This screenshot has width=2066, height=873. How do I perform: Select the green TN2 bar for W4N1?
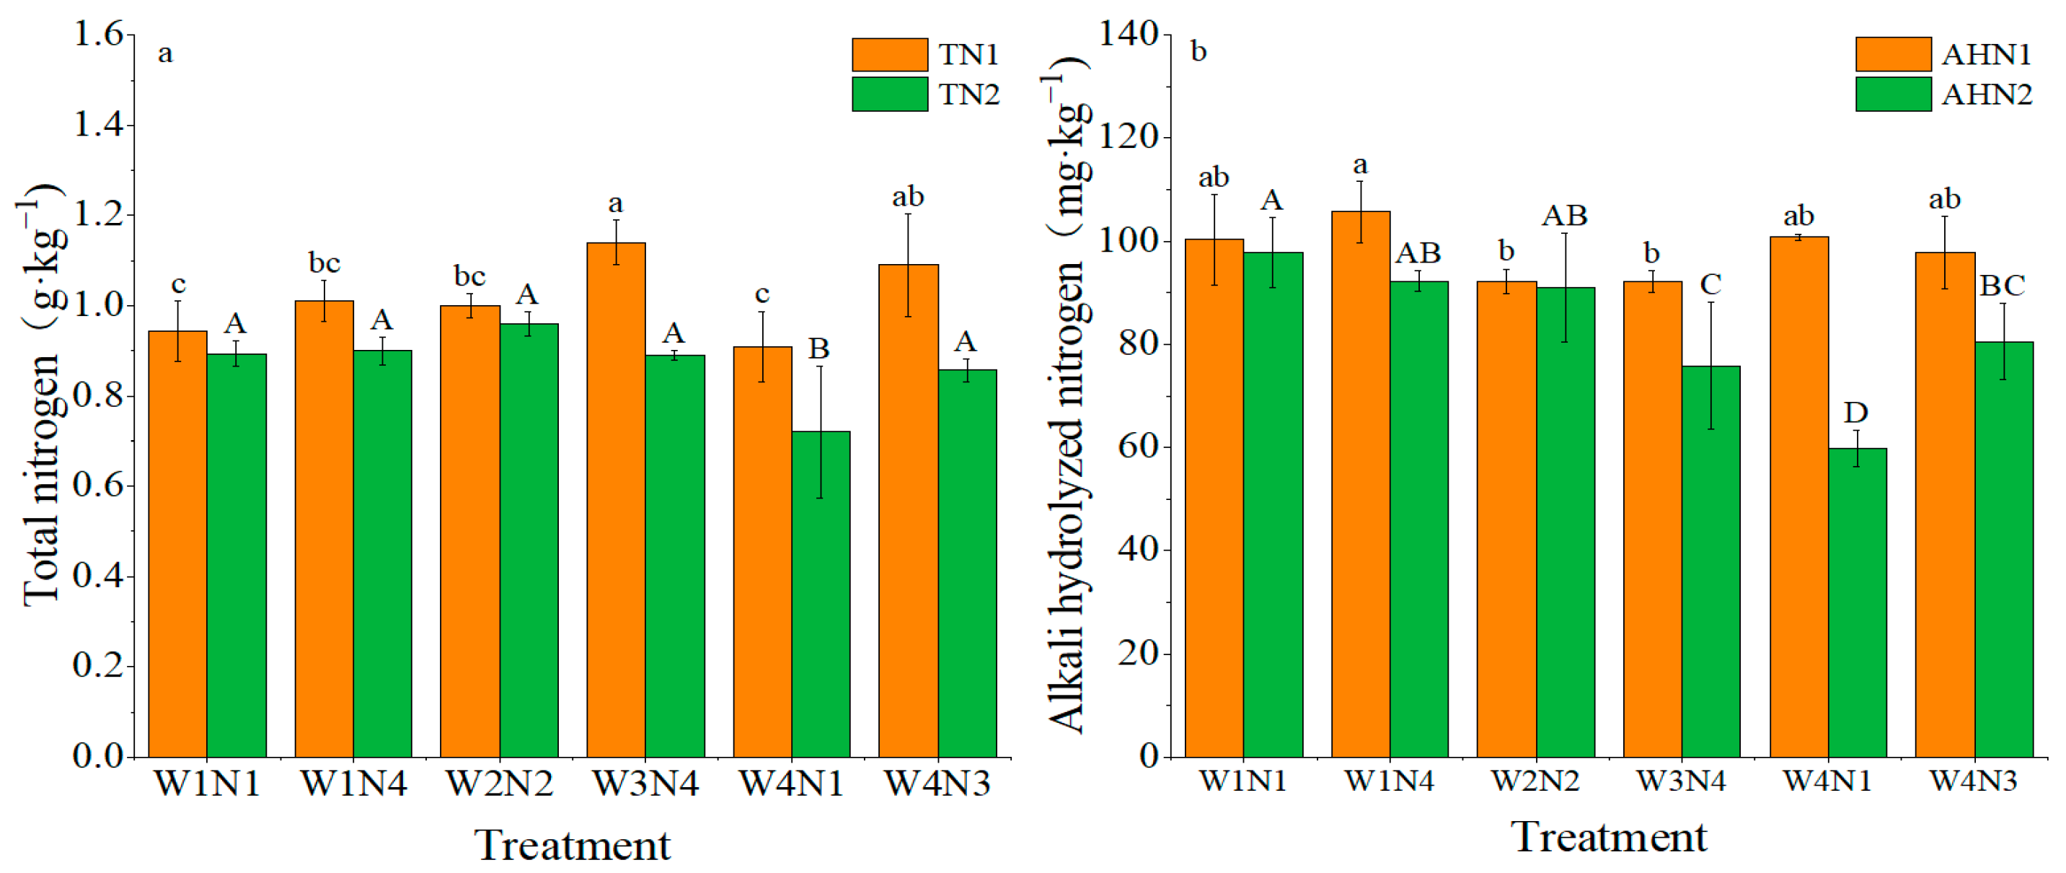pos(821,594)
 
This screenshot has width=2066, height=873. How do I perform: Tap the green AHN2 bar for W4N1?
pos(1858,602)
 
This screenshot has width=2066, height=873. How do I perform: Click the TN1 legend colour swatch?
pos(889,55)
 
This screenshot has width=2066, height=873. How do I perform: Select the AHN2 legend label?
pos(1987,95)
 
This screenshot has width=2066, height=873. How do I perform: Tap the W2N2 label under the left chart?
pos(499,783)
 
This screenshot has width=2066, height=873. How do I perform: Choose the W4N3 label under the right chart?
pos(1973,781)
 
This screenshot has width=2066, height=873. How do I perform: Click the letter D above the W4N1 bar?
pos(1856,413)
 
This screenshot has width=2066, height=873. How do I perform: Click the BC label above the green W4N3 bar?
pos(2002,286)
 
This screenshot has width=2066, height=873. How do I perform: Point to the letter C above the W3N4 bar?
pos(1710,284)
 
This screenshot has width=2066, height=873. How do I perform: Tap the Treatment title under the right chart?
pos(1609,837)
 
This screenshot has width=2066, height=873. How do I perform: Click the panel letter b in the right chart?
pos(1198,52)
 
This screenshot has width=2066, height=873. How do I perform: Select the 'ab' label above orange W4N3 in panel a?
pos(908,196)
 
